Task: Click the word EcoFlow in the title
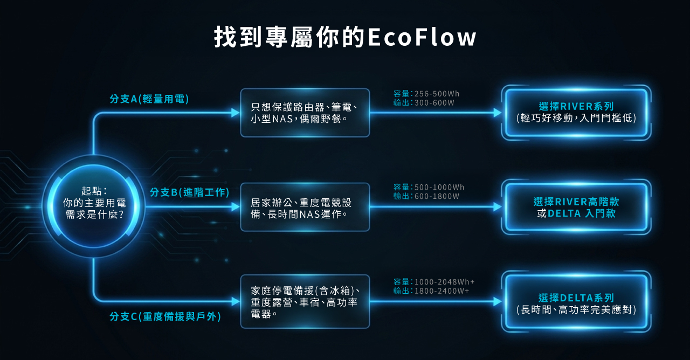422,37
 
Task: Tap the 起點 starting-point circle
93,206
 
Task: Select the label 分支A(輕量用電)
149,99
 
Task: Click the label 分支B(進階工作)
189,192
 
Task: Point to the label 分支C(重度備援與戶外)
165,316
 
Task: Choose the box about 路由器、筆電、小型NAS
305,113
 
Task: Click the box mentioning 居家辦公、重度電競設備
305,207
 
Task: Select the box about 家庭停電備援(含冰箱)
305,301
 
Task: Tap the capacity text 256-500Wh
437,94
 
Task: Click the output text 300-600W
434,103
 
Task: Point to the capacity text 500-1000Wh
439,187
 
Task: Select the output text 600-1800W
437,196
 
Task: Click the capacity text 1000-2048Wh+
445,282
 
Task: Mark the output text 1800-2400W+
441,291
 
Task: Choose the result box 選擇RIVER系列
576,113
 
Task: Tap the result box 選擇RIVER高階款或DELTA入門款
576,207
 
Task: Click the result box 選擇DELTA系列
576,301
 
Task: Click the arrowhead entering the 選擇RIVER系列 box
498,113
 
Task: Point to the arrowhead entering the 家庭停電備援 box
236,301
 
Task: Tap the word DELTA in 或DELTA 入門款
564,213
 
